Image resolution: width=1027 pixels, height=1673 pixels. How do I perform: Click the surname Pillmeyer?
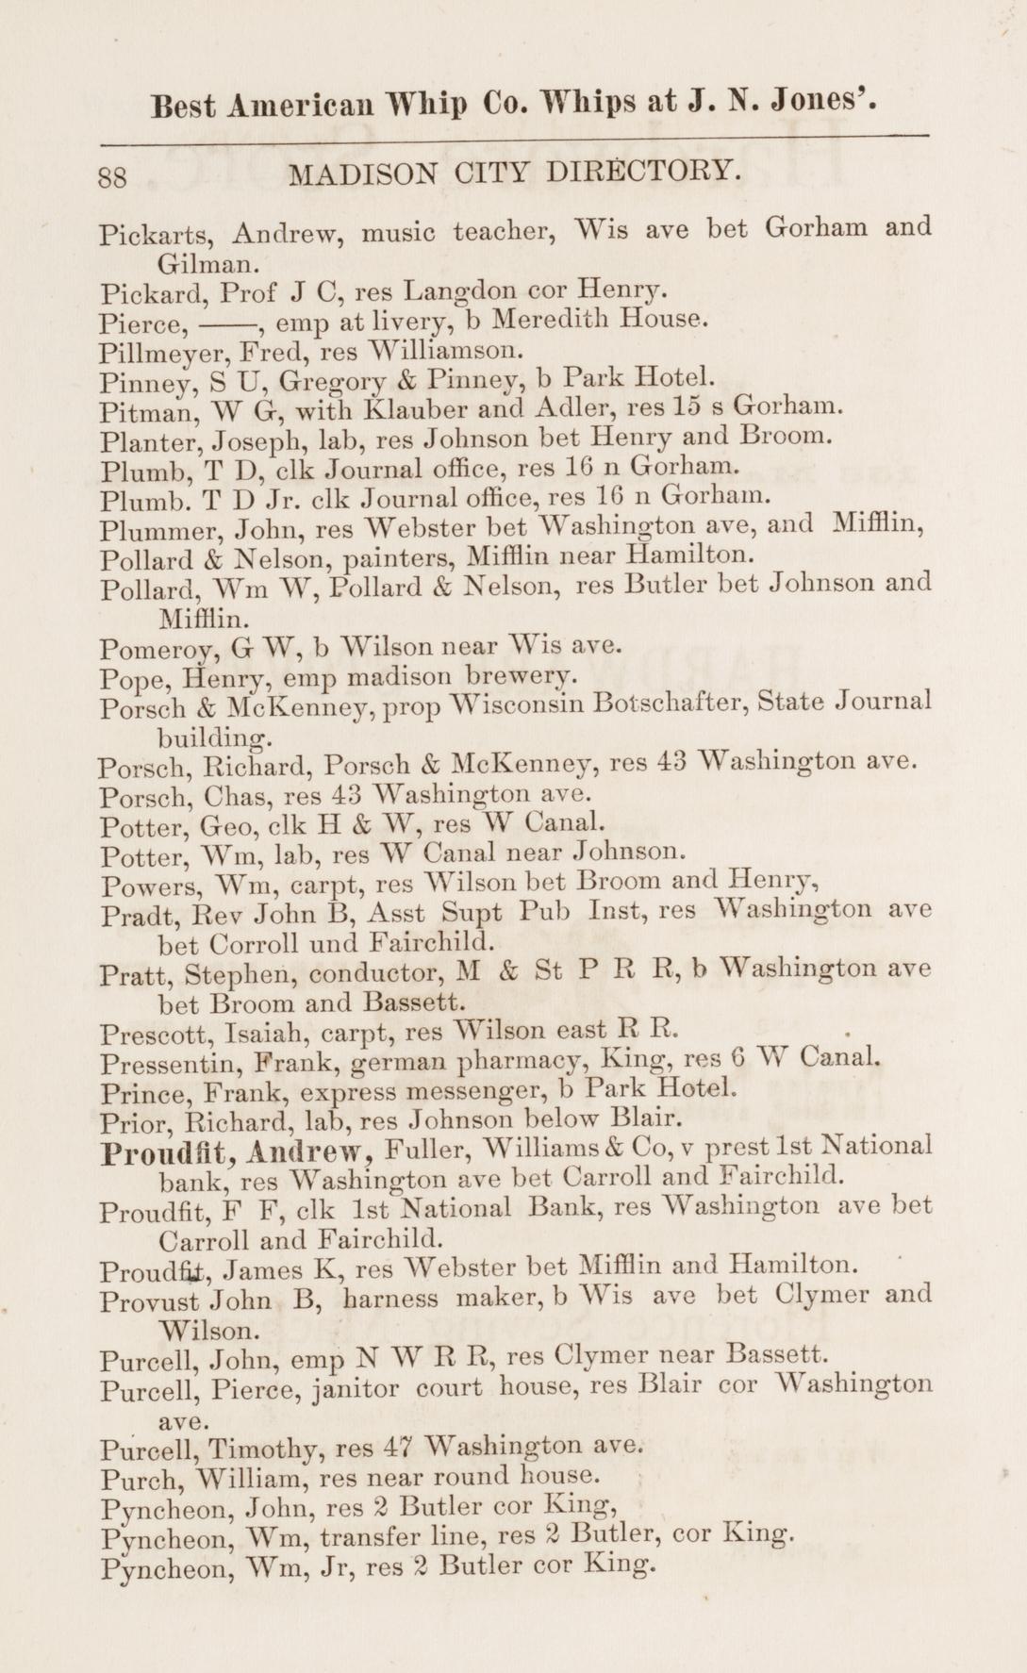click(161, 355)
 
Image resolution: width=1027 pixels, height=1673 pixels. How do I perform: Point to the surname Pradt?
click(136, 914)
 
